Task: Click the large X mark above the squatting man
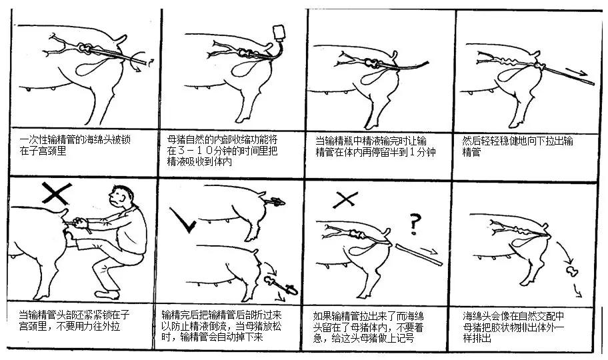pyautogui.click(x=57, y=193)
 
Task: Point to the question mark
pyautogui.click(x=415, y=224)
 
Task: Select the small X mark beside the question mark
pyautogui.click(x=345, y=200)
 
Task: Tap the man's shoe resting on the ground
pyautogui.click(x=107, y=295)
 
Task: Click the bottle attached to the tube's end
pyautogui.click(x=279, y=33)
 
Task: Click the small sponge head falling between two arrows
pyautogui.click(x=571, y=271)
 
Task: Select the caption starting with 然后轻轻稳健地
pyautogui.click(x=517, y=146)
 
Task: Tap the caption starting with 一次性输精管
pyautogui.click(x=75, y=145)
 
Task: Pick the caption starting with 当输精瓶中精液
pyautogui.click(x=375, y=146)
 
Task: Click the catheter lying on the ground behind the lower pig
pyautogui.click(x=281, y=285)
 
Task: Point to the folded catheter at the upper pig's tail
pyautogui.click(x=275, y=201)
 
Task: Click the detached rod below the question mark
pyautogui.click(x=419, y=255)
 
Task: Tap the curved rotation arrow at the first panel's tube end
pyautogui.click(x=139, y=62)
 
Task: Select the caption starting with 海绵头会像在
pyautogui.click(x=514, y=327)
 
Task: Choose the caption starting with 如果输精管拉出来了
pyautogui.click(x=369, y=327)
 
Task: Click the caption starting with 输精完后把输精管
pyautogui.click(x=221, y=325)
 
